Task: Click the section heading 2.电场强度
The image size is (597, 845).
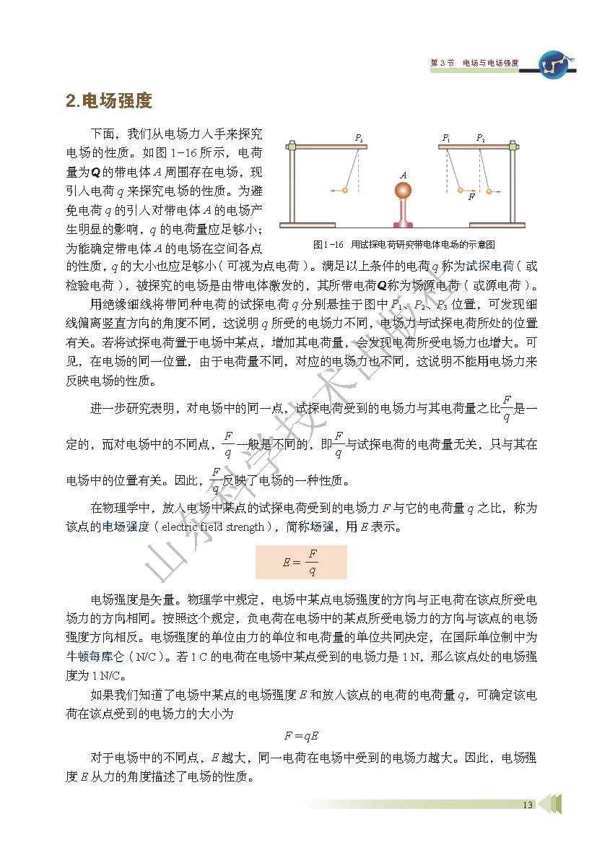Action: (109, 100)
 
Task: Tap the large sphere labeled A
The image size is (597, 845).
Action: (403, 191)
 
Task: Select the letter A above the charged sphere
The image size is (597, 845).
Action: (403, 174)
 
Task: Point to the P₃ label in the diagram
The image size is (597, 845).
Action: (359, 137)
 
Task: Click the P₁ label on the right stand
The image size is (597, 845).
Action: (446, 137)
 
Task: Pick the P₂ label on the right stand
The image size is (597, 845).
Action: (480, 137)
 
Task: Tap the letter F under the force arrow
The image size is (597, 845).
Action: (471, 196)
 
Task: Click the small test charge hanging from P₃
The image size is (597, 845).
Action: (345, 190)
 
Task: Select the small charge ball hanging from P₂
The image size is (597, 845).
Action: (489, 191)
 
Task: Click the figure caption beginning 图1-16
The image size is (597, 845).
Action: (404, 244)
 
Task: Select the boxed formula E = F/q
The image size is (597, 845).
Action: (302, 562)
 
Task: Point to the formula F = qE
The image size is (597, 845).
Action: (301, 736)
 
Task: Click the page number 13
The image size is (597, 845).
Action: (528, 805)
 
